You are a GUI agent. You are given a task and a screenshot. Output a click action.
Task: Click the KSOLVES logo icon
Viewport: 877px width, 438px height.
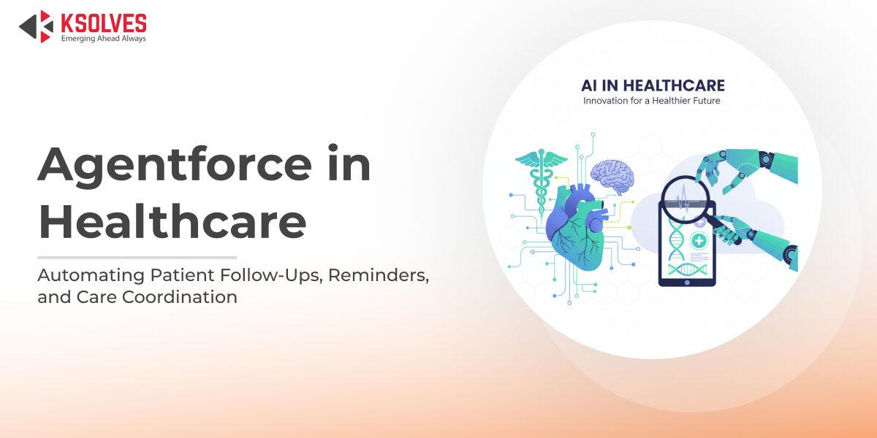tap(36, 26)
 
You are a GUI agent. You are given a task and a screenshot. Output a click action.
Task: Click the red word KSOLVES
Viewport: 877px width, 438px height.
tap(104, 23)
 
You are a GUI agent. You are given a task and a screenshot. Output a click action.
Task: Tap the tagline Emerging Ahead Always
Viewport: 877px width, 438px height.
tap(103, 39)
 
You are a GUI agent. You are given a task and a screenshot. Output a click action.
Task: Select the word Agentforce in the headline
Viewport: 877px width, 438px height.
tap(175, 165)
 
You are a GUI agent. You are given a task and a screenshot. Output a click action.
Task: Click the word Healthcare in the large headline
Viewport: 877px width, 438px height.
tap(172, 221)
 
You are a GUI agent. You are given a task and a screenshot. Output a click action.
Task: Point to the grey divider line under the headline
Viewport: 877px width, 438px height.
tap(137, 257)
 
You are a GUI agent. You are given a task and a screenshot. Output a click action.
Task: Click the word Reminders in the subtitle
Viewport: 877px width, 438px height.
tap(379, 275)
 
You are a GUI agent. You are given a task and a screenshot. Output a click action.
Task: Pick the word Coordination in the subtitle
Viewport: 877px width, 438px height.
tap(180, 297)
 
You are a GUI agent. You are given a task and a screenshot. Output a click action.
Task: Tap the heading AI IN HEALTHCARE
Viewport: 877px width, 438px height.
tap(653, 85)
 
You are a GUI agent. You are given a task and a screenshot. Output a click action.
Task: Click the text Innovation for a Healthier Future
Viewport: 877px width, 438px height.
tap(651, 101)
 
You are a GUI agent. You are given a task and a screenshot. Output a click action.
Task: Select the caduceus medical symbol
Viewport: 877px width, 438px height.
tap(541, 182)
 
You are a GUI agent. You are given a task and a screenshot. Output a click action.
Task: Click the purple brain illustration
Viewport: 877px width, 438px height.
tap(613, 176)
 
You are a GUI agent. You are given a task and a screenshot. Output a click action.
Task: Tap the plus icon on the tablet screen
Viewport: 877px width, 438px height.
tap(699, 240)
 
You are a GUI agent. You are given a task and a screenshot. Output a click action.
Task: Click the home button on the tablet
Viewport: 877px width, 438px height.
tap(687, 283)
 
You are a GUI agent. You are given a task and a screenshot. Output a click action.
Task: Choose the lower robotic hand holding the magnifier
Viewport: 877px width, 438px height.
tap(756, 239)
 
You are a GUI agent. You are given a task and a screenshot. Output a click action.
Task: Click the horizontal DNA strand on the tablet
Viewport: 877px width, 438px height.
tap(687, 269)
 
